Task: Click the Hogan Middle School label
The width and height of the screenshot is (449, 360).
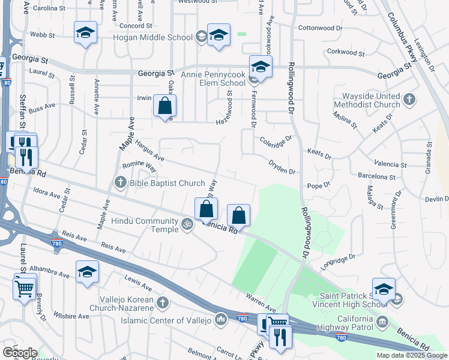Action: (152, 37)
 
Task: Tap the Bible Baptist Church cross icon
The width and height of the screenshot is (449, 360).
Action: (120, 182)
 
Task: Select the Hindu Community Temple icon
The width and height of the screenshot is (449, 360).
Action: (187, 226)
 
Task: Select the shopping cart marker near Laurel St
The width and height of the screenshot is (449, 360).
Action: (25, 288)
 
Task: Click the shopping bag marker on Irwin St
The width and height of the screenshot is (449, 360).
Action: (165, 106)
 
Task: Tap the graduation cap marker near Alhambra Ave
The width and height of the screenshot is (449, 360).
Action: (87, 272)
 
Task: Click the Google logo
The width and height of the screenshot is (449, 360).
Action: (19, 353)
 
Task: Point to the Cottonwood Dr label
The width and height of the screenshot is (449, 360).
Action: (320, 28)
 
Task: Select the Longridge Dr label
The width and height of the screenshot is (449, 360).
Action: (339, 259)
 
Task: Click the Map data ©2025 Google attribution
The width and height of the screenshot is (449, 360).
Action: (411, 355)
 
